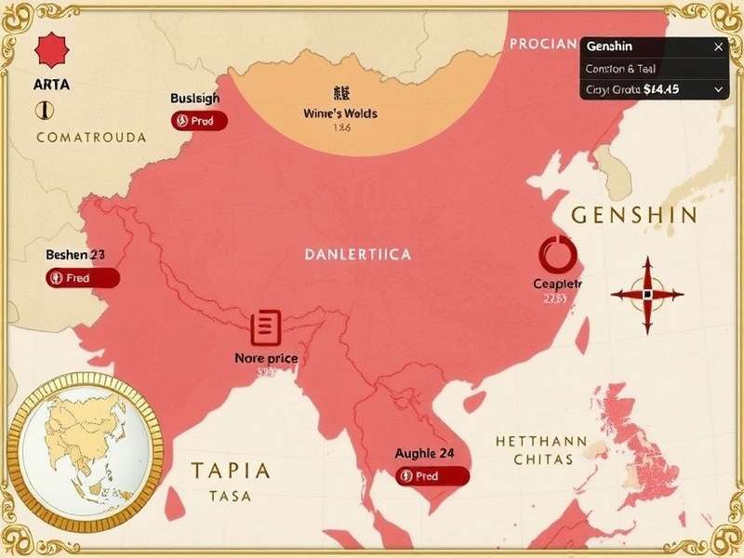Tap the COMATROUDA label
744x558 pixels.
[x=91, y=138]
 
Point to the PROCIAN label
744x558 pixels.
[x=544, y=45]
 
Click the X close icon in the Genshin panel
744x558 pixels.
[x=718, y=46]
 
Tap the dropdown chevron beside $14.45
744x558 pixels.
[x=718, y=89]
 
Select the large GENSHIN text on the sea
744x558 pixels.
[x=633, y=216]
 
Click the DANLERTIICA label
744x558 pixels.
[x=357, y=253]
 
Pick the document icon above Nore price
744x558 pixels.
[x=265, y=326]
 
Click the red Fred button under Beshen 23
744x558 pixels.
[x=83, y=277]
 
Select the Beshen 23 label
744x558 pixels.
[x=74, y=254]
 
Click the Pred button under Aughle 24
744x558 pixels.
[x=432, y=476]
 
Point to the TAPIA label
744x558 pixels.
[x=232, y=470]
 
